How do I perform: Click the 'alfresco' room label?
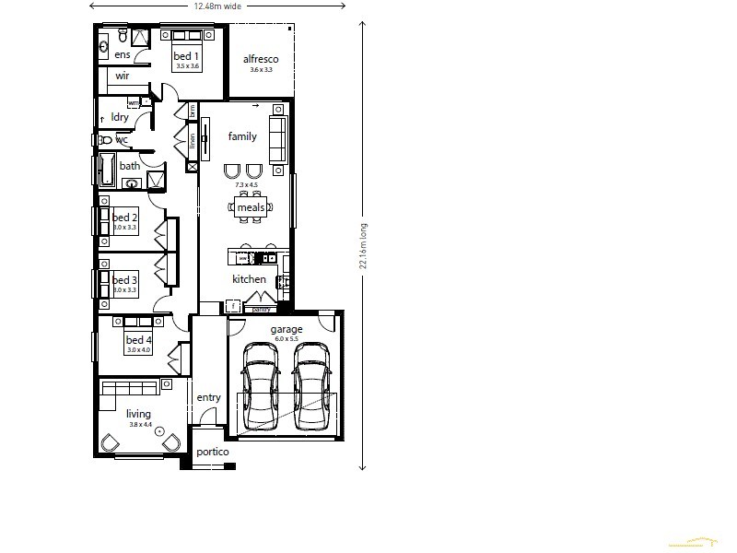coord(261,60)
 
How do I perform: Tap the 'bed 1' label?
coord(187,56)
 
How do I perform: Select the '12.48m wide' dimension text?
coord(217,6)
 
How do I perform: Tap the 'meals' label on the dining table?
coord(251,208)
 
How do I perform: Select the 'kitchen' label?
coord(249,279)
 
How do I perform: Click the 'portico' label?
coord(212,453)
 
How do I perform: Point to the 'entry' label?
coord(209,397)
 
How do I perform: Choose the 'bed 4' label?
coord(138,340)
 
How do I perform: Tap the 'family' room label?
coord(242,136)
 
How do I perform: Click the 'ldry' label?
coord(120,117)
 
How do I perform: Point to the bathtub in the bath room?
coord(106,171)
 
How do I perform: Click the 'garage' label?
coord(286,329)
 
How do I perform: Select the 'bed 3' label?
coord(125,279)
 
